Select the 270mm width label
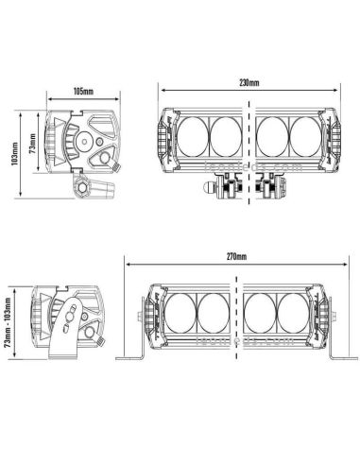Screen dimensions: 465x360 coord(235,256)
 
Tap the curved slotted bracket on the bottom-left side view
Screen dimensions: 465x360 coord(71,328)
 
